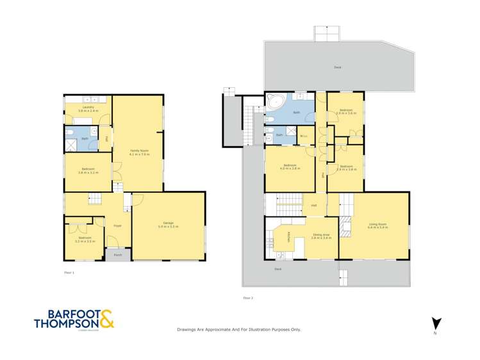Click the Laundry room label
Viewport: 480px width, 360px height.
pos(88,108)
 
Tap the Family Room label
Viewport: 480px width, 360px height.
pos(139,151)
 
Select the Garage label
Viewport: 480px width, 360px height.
pos(169,223)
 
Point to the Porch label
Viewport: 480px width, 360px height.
pos(118,255)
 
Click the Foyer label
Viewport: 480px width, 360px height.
pos(118,225)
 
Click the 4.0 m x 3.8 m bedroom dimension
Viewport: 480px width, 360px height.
pos(292,168)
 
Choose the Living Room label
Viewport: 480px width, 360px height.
pos(377,224)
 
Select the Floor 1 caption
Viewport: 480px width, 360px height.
pos(69,273)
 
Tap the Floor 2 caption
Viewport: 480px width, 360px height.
pos(247,298)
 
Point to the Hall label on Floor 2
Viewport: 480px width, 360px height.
pos(314,206)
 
